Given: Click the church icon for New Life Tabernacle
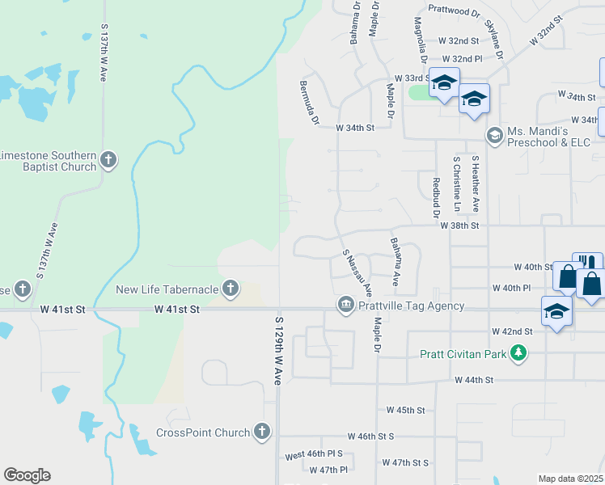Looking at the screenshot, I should pos(231,289).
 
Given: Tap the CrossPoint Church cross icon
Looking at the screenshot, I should pos(261,432).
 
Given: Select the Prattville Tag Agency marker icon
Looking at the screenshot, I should pos(345,305).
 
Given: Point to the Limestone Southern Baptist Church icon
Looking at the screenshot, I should pos(110,161).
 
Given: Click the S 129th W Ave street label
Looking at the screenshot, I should pos(276,352).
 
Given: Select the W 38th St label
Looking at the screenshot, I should pos(460,226).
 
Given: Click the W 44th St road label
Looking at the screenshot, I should pos(474,379).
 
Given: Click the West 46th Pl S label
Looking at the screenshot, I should pos(314,455).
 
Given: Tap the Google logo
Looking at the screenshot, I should pos(26,475).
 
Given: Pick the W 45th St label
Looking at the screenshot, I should pos(405,410).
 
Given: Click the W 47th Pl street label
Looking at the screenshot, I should pos(328,470).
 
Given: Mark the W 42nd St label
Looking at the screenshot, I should pos(512,331).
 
